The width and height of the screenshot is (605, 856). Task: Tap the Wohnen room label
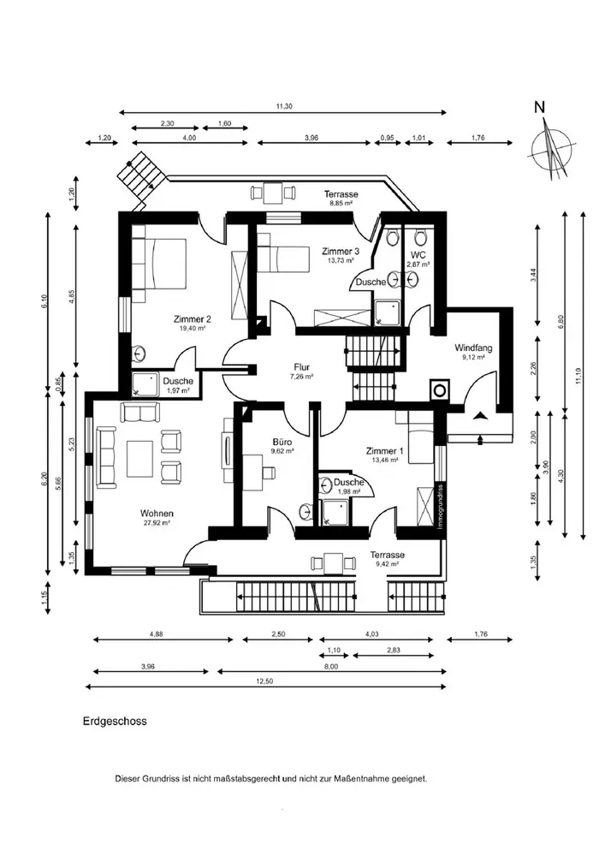(x=157, y=513)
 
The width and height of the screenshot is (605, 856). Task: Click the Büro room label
(x=282, y=442)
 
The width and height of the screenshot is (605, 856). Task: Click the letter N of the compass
(x=539, y=108)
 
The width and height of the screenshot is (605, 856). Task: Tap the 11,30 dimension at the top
(x=284, y=106)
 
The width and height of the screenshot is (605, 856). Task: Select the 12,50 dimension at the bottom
(x=266, y=681)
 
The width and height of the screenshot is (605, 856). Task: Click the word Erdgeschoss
(x=116, y=721)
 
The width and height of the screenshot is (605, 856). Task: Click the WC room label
(x=418, y=255)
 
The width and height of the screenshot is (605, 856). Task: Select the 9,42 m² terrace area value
(x=387, y=565)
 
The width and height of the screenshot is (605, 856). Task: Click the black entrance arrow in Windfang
(x=482, y=415)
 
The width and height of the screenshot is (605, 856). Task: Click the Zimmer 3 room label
(x=340, y=251)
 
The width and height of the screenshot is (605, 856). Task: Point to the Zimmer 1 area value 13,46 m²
(x=385, y=460)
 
